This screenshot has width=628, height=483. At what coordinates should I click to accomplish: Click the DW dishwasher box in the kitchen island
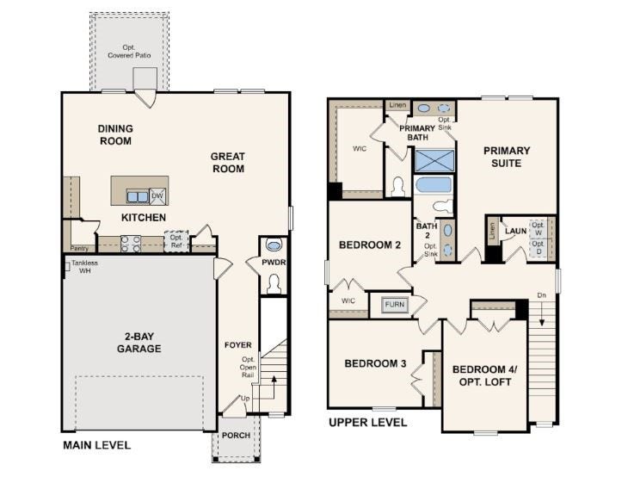[x=157, y=196]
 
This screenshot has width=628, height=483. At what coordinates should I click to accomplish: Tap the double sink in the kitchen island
[x=138, y=197]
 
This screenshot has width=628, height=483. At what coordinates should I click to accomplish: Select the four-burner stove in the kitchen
[x=131, y=244]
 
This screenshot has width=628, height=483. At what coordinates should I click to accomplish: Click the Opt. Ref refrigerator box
[x=176, y=241]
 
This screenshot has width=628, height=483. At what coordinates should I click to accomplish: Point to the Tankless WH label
[x=84, y=267]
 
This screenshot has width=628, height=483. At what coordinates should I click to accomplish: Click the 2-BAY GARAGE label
[x=139, y=343]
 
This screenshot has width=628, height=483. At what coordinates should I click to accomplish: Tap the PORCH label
[x=237, y=436]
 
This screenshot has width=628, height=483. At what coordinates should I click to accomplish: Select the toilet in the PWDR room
[x=274, y=284]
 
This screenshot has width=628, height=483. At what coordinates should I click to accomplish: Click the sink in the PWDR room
[x=274, y=245]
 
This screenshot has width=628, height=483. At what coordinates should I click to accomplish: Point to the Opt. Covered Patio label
[x=129, y=52]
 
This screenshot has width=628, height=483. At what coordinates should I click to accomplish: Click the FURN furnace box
[x=395, y=304]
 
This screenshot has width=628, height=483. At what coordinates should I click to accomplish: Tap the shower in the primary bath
[x=434, y=161]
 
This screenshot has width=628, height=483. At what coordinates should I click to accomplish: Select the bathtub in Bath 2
[x=434, y=186]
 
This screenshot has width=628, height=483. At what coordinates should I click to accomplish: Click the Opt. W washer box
[x=538, y=229]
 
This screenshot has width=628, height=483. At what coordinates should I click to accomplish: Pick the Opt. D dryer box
[x=538, y=247]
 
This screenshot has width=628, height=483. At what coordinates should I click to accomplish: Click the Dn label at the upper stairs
[x=541, y=295]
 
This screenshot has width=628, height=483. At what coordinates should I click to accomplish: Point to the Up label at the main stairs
[x=245, y=399]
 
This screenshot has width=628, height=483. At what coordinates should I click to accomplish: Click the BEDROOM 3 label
[x=375, y=363]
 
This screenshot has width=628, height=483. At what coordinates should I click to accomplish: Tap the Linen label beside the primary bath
[x=397, y=105]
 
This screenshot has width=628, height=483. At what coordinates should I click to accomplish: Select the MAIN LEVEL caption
[x=97, y=445]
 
